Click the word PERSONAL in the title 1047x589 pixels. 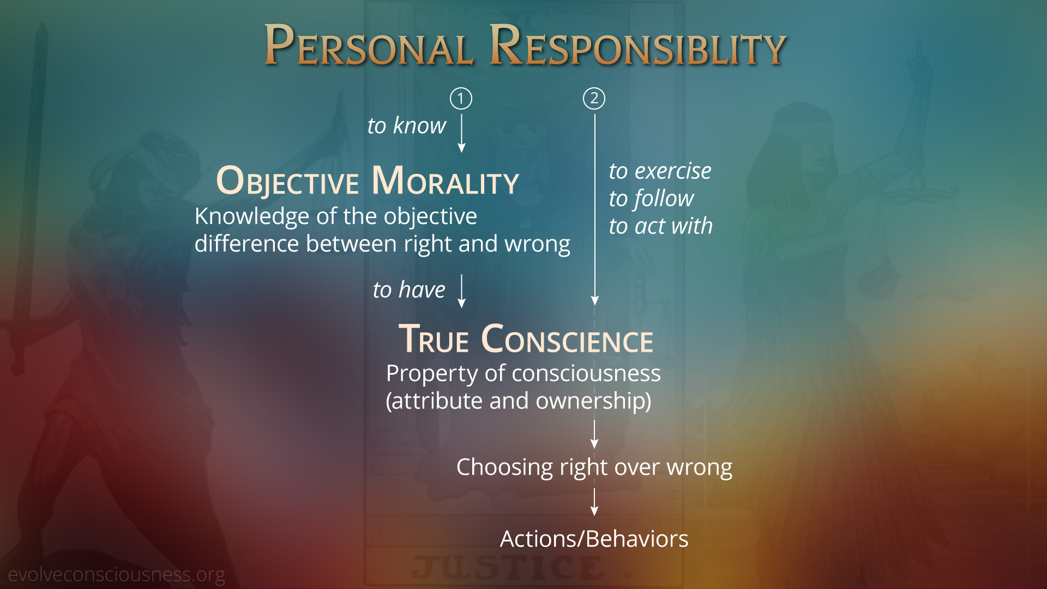click(368, 45)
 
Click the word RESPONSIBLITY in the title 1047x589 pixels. click(637, 45)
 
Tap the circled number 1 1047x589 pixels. click(461, 99)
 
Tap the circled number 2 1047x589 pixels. click(594, 99)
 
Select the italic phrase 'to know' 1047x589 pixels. click(407, 126)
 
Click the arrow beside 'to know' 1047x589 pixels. click(461, 133)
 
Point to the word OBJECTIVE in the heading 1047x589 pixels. click(287, 181)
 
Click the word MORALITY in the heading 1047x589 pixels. click(445, 181)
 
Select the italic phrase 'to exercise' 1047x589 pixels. click(660, 171)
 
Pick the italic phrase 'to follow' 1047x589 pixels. click(652, 199)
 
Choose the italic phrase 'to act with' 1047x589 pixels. click(661, 226)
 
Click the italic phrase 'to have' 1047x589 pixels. click(409, 290)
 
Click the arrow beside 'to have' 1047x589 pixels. click(461, 291)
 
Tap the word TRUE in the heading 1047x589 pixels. click(434, 339)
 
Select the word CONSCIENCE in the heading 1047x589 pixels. click(567, 339)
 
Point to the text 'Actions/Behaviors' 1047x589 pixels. click(594, 539)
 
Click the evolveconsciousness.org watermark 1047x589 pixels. click(116, 575)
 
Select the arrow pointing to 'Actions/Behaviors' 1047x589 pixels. click(594, 502)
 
